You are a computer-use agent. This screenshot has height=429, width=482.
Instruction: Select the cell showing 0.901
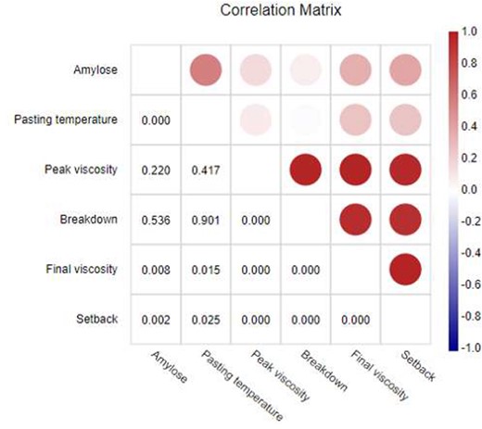click(205, 221)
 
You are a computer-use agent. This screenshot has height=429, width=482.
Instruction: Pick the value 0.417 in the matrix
click(205, 170)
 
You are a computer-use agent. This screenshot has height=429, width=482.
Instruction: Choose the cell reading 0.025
click(205, 319)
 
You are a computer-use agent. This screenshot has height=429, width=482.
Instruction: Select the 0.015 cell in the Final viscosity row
click(205, 270)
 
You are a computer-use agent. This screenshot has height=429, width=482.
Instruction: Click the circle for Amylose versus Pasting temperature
click(206, 69)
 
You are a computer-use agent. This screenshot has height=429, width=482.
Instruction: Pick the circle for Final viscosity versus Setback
click(405, 270)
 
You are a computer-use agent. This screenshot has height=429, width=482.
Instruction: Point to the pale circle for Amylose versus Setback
click(405, 69)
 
